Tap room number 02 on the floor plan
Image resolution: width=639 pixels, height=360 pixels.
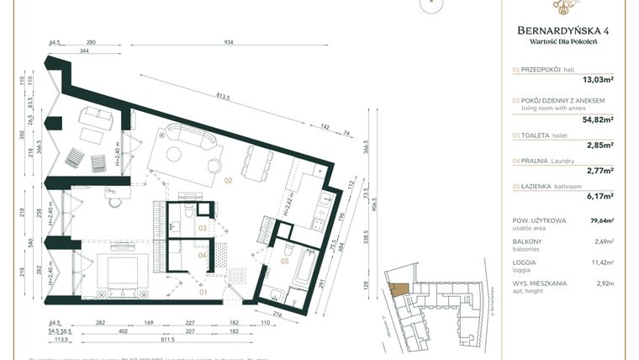227,180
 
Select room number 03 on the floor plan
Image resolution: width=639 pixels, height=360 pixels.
203,227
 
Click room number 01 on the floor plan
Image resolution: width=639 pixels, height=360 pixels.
203,292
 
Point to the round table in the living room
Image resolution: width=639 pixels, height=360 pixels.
175,154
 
